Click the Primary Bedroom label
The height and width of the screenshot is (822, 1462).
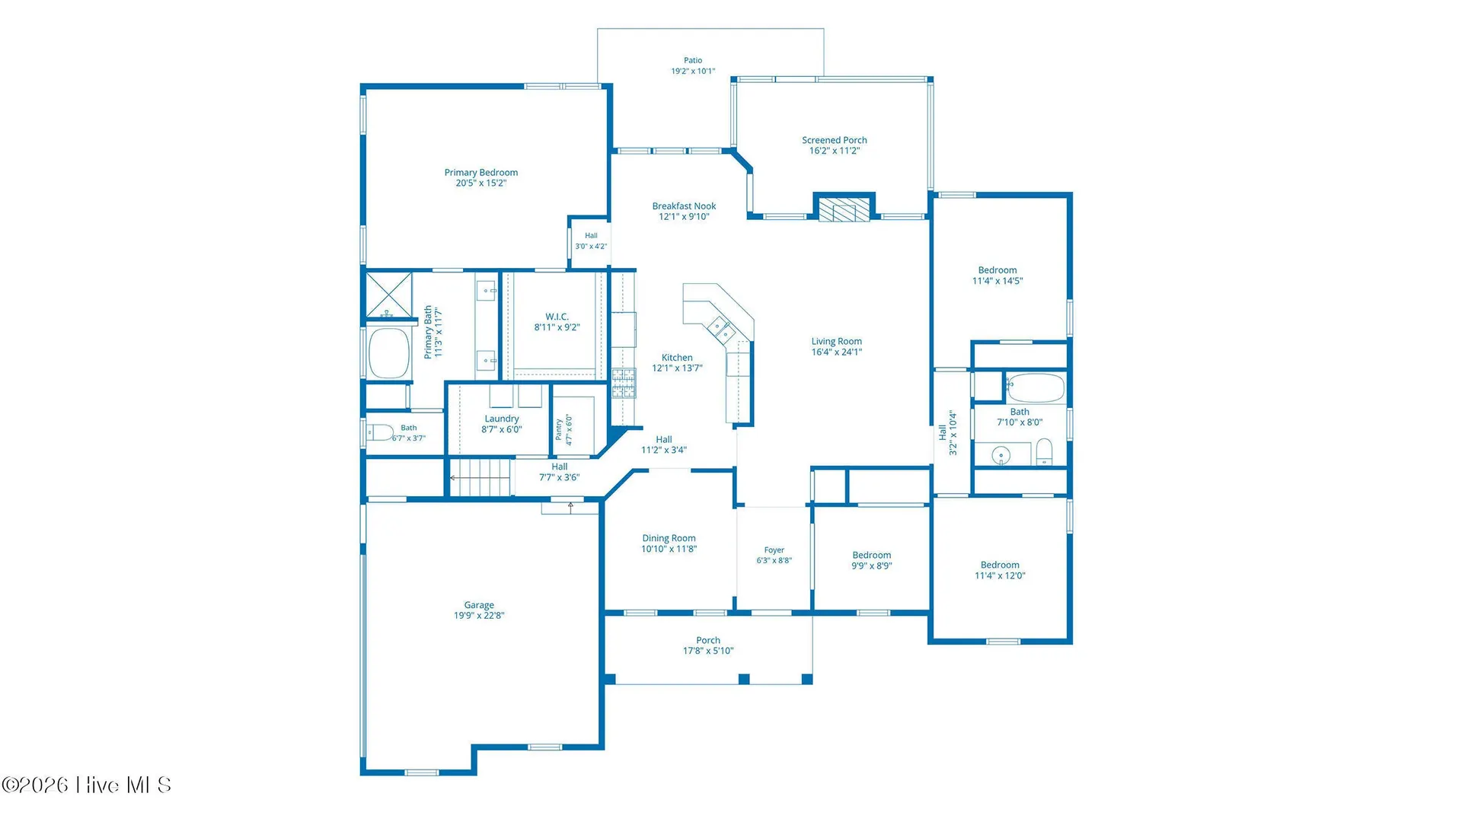(x=481, y=173)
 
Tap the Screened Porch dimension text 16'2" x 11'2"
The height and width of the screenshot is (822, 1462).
(x=835, y=151)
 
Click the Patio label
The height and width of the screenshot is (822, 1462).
(x=693, y=60)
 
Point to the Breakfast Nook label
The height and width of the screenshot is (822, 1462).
(x=684, y=206)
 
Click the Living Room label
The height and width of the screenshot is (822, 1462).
(x=837, y=342)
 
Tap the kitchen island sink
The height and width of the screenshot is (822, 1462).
(x=721, y=330)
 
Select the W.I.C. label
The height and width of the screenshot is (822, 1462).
(x=557, y=317)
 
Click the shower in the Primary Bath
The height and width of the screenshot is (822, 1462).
(x=389, y=295)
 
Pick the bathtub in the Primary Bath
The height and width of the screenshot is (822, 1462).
(x=389, y=353)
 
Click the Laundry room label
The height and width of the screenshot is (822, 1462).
(x=502, y=419)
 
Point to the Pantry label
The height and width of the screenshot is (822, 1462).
(x=559, y=429)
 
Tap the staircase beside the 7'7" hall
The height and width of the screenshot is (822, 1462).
(x=479, y=477)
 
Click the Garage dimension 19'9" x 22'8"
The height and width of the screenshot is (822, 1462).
(x=479, y=616)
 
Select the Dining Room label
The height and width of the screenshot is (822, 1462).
(x=669, y=538)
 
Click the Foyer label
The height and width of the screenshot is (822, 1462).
(x=774, y=550)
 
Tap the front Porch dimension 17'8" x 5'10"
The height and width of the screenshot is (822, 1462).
(x=708, y=651)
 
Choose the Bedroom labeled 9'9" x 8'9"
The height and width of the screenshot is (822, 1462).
(x=872, y=556)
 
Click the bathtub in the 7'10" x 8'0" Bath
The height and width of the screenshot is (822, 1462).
(x=1035, y=387)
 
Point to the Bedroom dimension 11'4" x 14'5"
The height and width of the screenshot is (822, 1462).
(x=998, y=281)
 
